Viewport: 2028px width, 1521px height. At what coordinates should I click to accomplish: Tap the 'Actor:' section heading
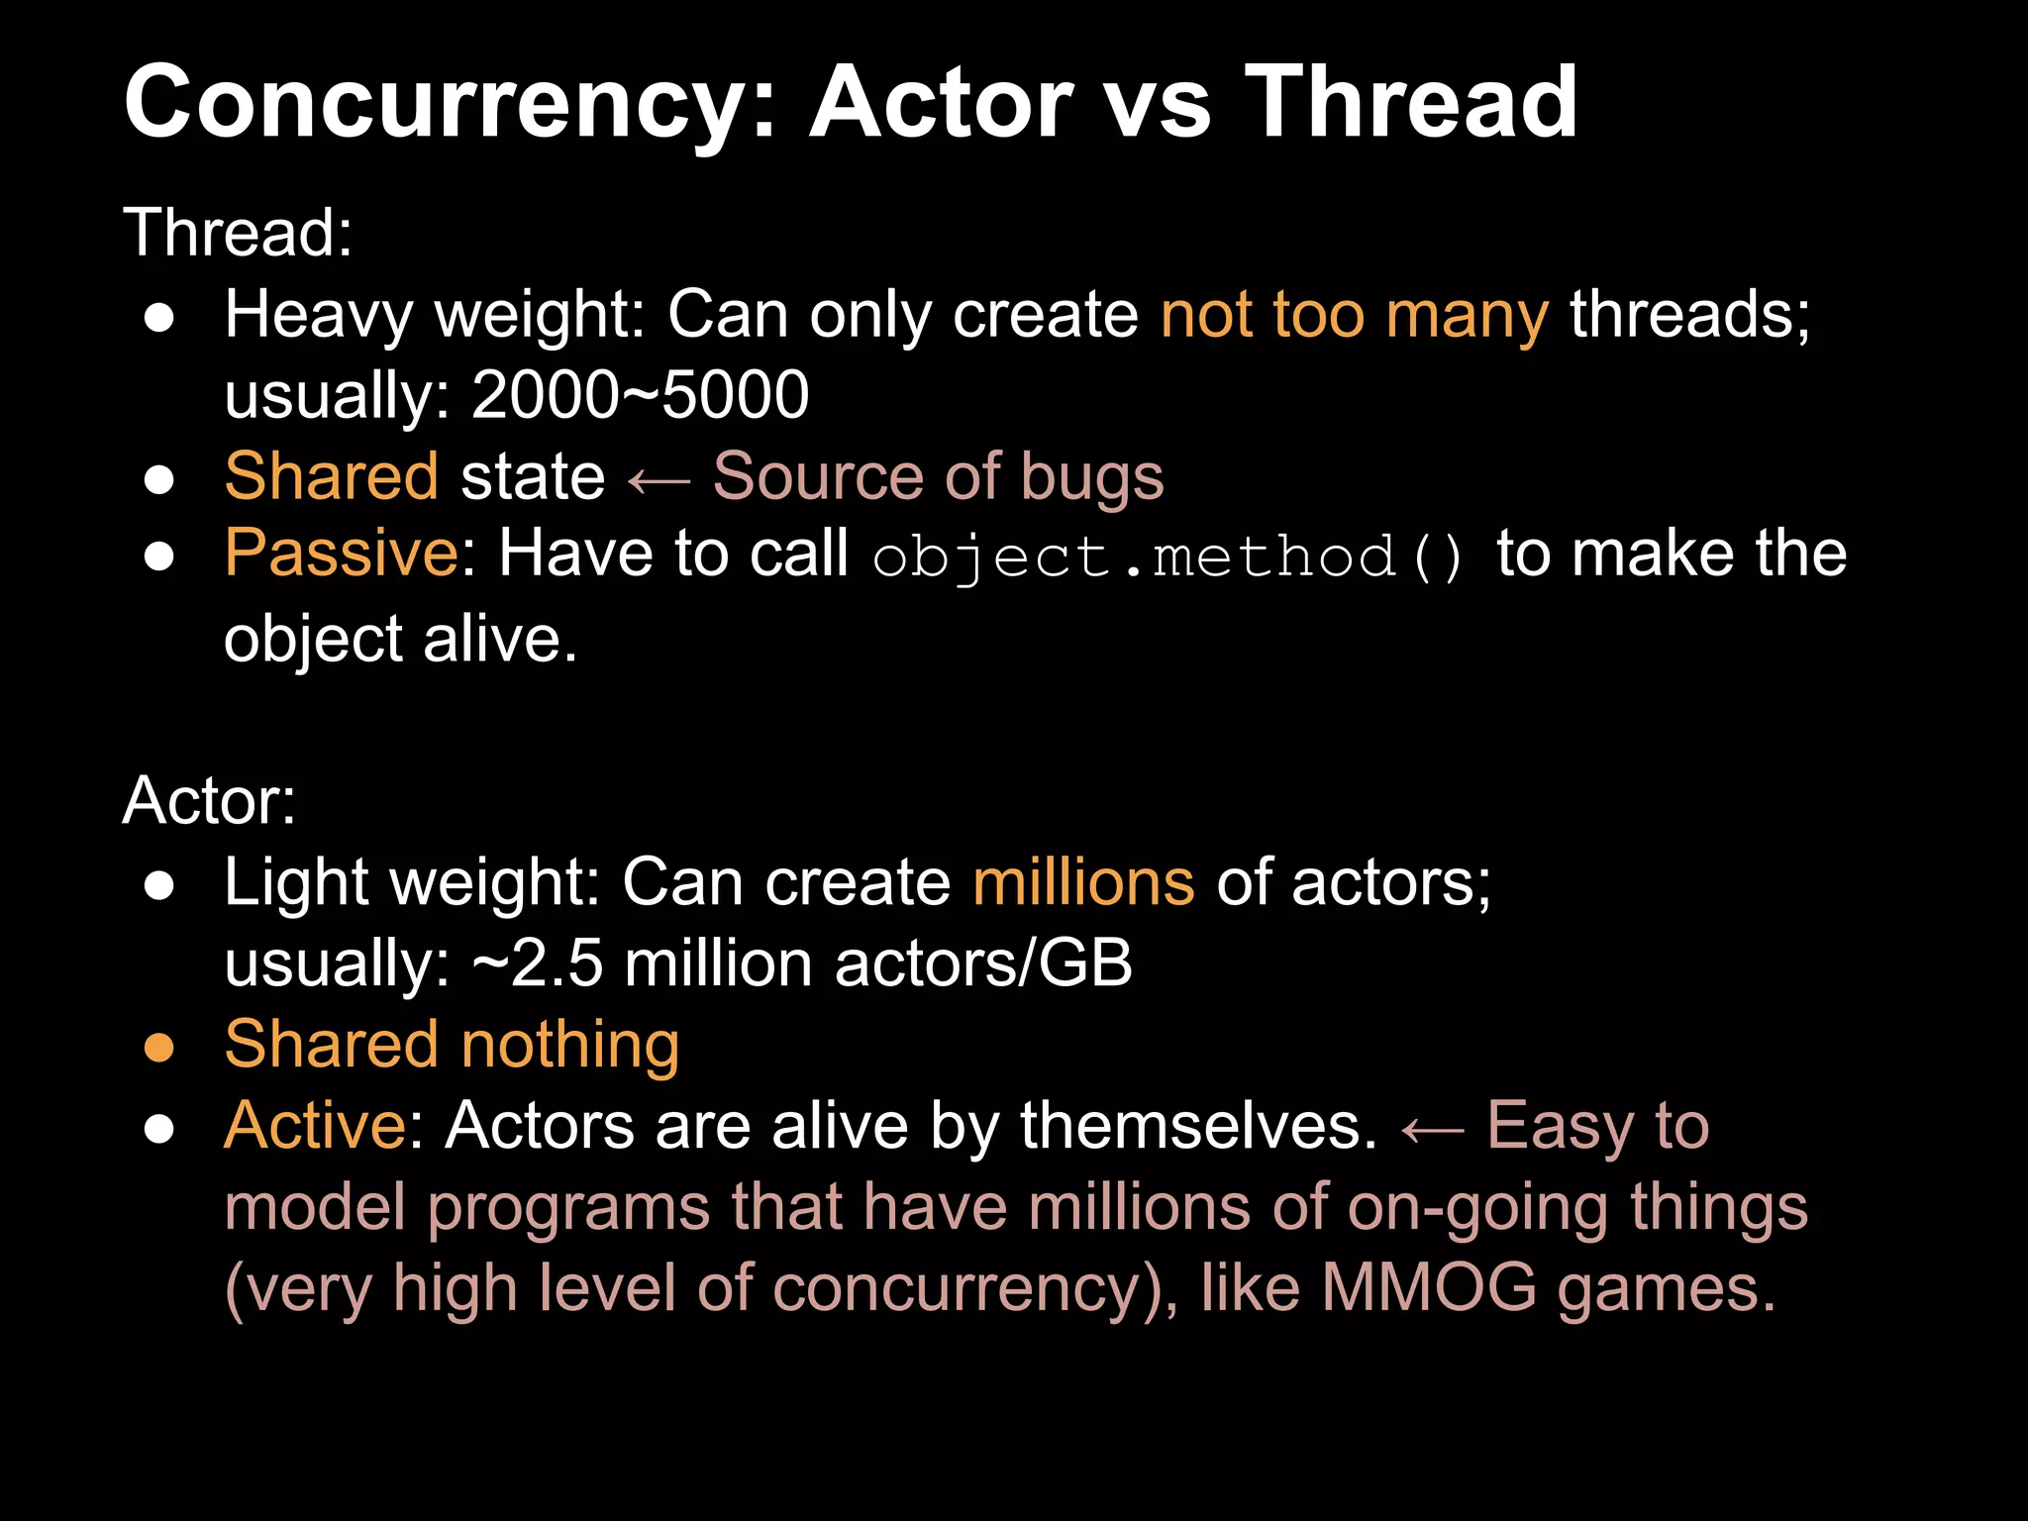(x=209, y=800)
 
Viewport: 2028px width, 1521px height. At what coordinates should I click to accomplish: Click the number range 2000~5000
(x=640, y=395)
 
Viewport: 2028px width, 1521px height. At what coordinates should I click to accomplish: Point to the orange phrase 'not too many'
(x=1354, y=315)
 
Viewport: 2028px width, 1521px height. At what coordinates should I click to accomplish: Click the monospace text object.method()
(x=1168, y=557)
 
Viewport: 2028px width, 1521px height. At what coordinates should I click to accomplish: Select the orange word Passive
(x=341, y=553)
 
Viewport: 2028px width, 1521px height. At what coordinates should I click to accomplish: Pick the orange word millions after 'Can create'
(x=1083, y=882)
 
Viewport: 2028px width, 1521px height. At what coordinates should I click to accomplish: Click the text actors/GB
(x=982, y=963)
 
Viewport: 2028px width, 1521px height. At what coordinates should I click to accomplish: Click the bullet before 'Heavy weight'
(x=159, y=318)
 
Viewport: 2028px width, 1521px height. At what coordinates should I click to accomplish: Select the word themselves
(x=1198, y=1126)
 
